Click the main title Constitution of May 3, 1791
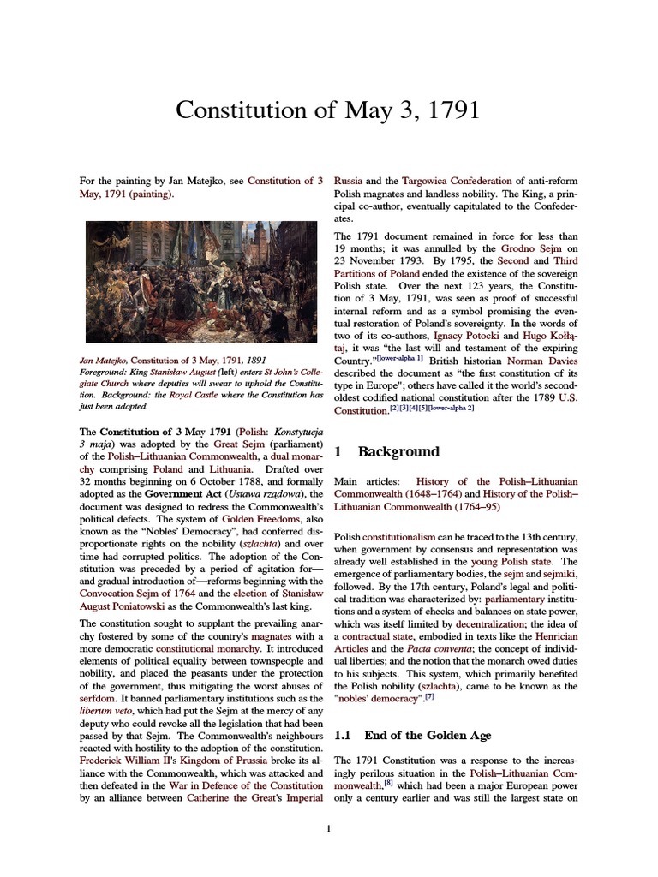point(328,111)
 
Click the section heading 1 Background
point(386,451)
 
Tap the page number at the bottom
point(328,829)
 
